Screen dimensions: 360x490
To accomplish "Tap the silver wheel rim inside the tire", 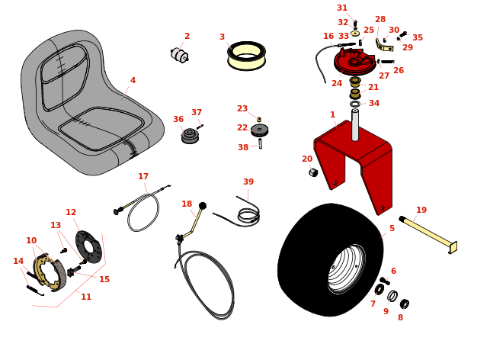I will coord(347,268).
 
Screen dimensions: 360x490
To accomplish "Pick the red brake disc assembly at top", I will coord(354,61).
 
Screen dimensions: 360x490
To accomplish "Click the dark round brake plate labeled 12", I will coord(88,246).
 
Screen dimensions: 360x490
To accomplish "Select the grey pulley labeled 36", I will coord(190,136).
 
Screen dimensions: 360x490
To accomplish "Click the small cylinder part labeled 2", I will coord(179,55).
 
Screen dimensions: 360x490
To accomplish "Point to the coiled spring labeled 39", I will coord(248,214).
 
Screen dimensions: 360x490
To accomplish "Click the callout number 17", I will coord(143,177).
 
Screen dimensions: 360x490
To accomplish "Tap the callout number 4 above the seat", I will coord(133,80).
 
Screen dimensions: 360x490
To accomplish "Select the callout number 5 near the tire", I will coord(392,228).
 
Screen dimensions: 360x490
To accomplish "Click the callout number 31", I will coord(342,8).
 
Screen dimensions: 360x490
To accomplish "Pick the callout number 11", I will coord(86,297).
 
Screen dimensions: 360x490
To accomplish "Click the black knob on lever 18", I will coord(203,205).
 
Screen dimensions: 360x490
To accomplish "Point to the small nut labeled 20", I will coord(313,172).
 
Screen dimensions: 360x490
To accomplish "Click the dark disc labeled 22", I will coord(259,130).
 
